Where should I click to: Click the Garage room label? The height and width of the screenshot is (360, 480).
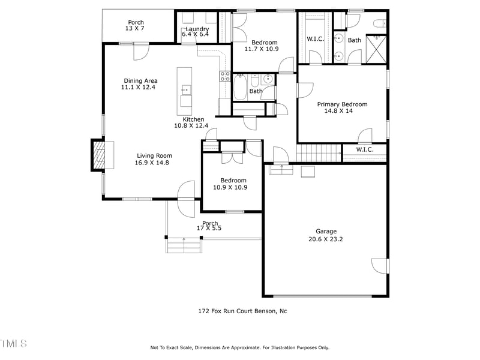(326, 231)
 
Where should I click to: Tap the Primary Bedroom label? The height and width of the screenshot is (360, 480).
(342, 104)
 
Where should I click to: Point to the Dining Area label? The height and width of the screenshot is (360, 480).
(140, 81)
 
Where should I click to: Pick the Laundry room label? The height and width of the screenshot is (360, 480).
(197, 29)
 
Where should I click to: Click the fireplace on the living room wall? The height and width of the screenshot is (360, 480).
(98, 155)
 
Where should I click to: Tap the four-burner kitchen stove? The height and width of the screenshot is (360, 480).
(225, 76)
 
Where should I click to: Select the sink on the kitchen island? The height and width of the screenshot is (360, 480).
(186, 90)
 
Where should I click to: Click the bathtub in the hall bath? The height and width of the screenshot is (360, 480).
(241, 86)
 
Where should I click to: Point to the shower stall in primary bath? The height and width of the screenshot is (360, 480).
(377, 49)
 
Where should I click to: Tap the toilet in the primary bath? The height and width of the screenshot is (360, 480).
(379, 23)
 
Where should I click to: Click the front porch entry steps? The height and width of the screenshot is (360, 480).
(184, 245)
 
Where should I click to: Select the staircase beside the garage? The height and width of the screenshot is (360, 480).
(319, 153)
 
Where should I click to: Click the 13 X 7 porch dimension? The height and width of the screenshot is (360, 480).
(136, 29)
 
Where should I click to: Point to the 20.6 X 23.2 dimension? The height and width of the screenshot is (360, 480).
(326, 239)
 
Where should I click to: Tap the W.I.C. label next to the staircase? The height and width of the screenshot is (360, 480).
(365, 149)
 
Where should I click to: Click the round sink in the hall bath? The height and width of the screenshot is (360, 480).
(267, 79)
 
